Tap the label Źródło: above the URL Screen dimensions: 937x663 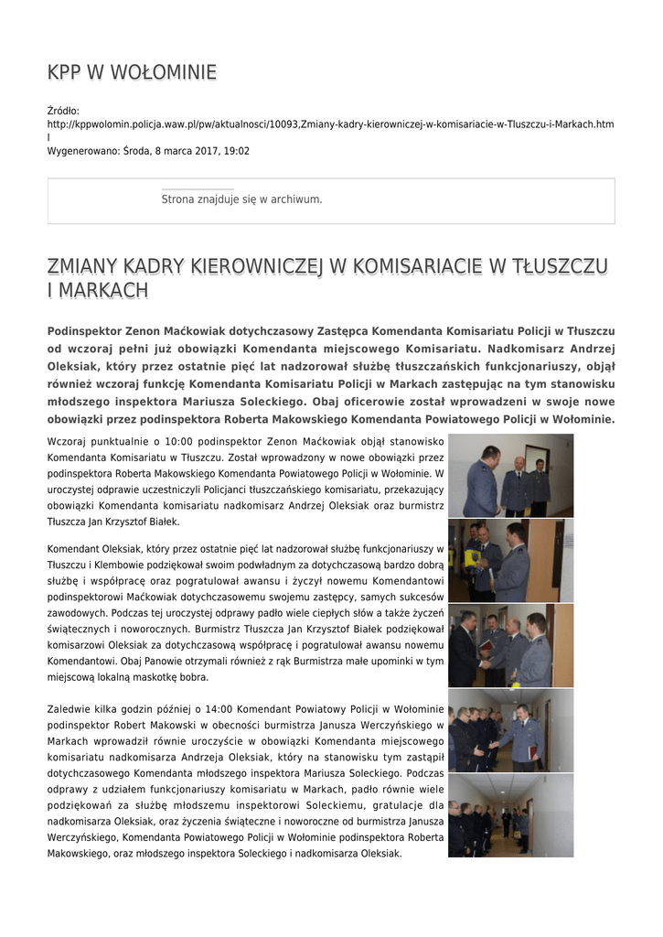coord(63,111)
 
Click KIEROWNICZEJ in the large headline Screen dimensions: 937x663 coord(257,266)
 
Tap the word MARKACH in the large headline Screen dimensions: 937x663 coord(102,291)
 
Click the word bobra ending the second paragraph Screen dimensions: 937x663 coord(195,677)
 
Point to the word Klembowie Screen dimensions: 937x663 coord(106,565)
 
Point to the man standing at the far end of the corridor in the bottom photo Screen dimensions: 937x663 coord(505,821)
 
